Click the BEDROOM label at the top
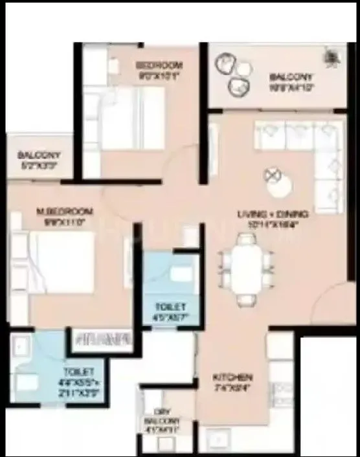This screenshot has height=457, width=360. [x=159, y=65]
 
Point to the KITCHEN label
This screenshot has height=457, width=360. [x=234, y=377]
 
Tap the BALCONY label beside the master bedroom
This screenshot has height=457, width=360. [x=39, y=156]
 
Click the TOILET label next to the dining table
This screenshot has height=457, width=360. [x=171, y=306]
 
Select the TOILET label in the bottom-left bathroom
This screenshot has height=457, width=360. [x=78, y=372]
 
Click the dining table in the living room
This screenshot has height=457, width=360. [x=245, y=269]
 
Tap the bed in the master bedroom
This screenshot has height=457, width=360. [x=62, y=262]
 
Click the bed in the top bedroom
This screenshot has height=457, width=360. [x=133, y=117]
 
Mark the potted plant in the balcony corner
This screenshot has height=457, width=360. [x=335, y=56]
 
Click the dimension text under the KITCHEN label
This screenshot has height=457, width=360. [x=234, y=389]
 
